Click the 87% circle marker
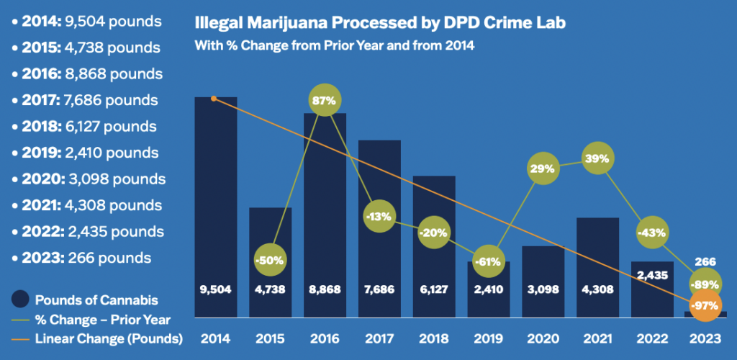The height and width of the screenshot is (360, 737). click(x=323, y=101)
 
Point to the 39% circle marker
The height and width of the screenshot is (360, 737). click(x=598, y=158)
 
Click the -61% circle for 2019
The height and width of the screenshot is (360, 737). click(x=489, y=261)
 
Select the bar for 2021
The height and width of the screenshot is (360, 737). click(x=598, y=266)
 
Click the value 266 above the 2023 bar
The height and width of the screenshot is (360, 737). click(x=707, y=263)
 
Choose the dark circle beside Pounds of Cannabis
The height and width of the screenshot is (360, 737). click(x=22, y=300)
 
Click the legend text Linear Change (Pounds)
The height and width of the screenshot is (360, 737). click(x=108, y=338)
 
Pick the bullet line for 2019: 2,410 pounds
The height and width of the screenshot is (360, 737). click(x=86, y=153)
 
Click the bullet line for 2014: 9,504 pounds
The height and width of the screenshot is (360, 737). click(x=86, y=21)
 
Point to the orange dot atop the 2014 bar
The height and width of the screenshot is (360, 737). click(x=214, y=98)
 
